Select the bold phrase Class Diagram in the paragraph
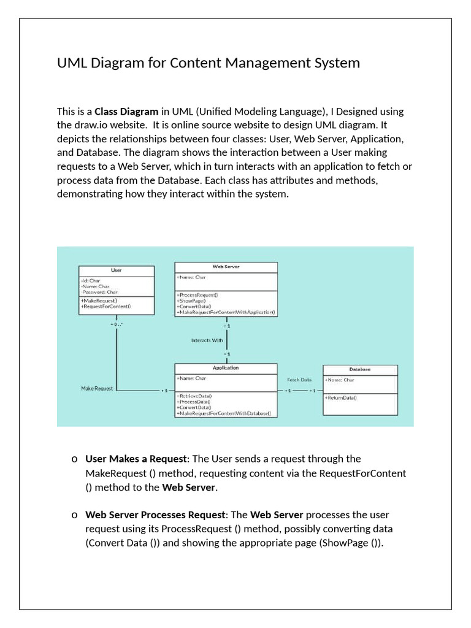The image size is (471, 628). (x=126, y=112)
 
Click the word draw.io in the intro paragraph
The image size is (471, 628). (x=85, y=125)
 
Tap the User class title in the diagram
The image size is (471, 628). (x=116, y=270)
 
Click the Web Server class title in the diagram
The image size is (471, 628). (x=226, y=267)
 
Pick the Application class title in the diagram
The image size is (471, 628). (x=226, y=368)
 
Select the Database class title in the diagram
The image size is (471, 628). (x=360, y=370)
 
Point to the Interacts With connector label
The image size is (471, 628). (x=207, y=340)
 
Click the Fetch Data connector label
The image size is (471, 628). (x=299, y=380)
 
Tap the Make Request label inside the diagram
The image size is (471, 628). (x=97, y=389)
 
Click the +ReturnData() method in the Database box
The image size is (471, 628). (x=341, y=398)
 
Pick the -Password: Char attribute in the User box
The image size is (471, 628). (x=99, y=292)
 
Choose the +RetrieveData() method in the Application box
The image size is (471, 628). (x=194, y=396)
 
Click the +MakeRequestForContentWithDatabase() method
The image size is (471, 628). (x=223, y=414)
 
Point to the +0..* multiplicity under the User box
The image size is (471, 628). (x=117, y=324)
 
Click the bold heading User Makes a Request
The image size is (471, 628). (x=136, y=459)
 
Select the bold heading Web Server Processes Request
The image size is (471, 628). (x=156, y=515)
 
